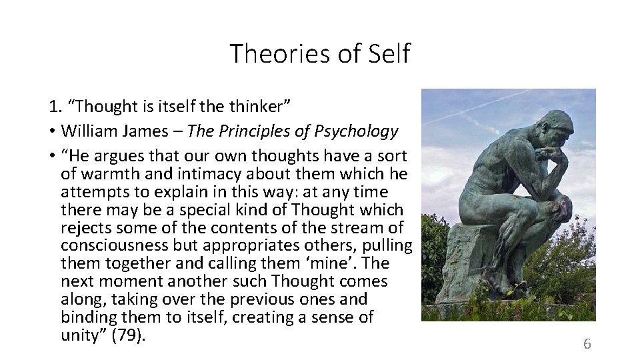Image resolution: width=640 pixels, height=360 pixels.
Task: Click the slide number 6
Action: [x=587, y=344]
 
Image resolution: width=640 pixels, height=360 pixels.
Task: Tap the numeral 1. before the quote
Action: [x=54, y=106]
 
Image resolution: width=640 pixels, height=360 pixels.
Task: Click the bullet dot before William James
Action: [x=51, y=132]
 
